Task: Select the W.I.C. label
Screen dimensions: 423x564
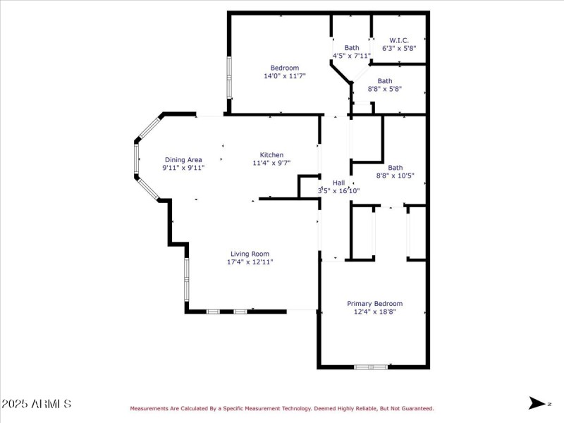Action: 400,40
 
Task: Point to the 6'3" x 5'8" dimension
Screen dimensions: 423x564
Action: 400,49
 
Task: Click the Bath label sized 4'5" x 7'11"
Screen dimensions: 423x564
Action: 351,47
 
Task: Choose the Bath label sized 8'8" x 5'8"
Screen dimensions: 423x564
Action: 384,80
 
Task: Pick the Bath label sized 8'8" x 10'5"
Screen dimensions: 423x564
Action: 395,168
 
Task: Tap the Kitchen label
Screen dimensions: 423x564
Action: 271,154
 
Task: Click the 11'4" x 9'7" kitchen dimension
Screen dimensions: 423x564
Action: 271,163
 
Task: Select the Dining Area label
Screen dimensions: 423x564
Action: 183,159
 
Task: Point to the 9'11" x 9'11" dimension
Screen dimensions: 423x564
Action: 183,168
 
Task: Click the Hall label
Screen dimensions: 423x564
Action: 338,182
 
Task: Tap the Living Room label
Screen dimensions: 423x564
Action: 250,254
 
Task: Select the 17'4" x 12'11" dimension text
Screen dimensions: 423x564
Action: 250,262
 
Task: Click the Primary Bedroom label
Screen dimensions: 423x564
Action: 375,303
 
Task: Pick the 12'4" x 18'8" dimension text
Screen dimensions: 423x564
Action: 375,312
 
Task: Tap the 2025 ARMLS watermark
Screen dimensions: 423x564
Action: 36,404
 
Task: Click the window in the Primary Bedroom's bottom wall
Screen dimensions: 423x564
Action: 371,367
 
